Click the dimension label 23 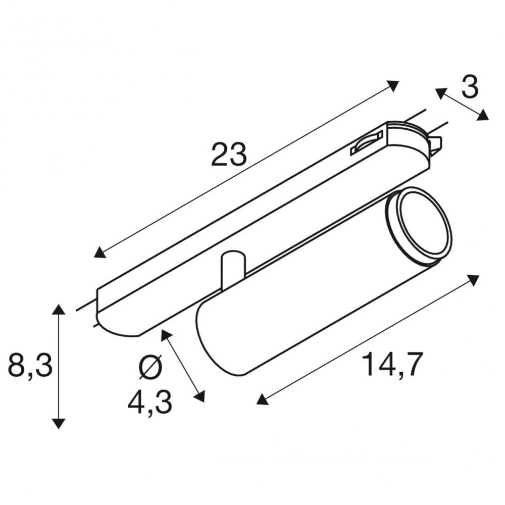point(229,154)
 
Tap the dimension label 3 point(470,87)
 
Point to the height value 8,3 point(30,366)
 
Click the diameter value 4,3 point(149,403)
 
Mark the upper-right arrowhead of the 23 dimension point(392,86)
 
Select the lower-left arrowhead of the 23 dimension point(100,252)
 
